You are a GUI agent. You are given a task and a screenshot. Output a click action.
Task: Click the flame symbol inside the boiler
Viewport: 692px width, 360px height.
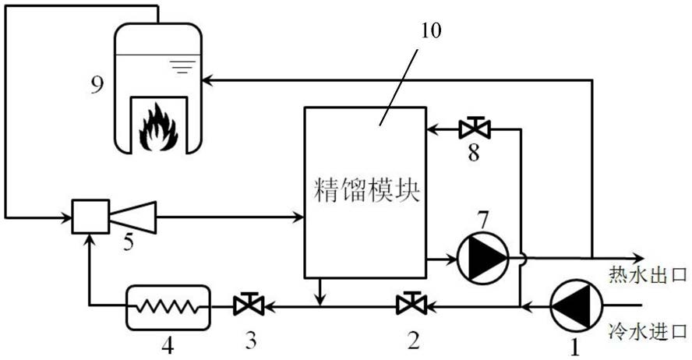point(158,128)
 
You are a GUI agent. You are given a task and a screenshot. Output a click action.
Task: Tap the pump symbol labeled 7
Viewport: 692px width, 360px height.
point(482,258)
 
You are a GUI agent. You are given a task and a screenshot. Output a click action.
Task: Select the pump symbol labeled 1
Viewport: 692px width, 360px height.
point(576,305)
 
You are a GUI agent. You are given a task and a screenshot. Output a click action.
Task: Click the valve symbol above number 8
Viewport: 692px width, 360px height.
point(475,129)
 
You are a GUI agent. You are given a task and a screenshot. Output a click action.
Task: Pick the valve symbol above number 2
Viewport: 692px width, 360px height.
point(411,303)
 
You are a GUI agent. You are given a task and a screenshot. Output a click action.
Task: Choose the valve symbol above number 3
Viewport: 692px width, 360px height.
point(249,304)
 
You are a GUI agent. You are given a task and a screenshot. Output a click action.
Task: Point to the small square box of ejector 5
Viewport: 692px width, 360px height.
point(91,216)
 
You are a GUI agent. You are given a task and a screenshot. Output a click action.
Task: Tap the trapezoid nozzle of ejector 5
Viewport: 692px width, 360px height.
point(132,217)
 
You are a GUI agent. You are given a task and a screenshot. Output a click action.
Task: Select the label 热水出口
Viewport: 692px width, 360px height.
point(648,275)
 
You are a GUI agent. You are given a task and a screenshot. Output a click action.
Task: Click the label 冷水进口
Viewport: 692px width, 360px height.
point(648,330)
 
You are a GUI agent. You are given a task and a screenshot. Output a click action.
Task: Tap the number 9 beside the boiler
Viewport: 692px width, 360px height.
point(97,85)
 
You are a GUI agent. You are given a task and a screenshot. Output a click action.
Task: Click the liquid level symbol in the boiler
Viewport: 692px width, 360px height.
point(182,66)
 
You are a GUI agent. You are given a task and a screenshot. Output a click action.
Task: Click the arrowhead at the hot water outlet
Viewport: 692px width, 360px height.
point(638,257)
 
